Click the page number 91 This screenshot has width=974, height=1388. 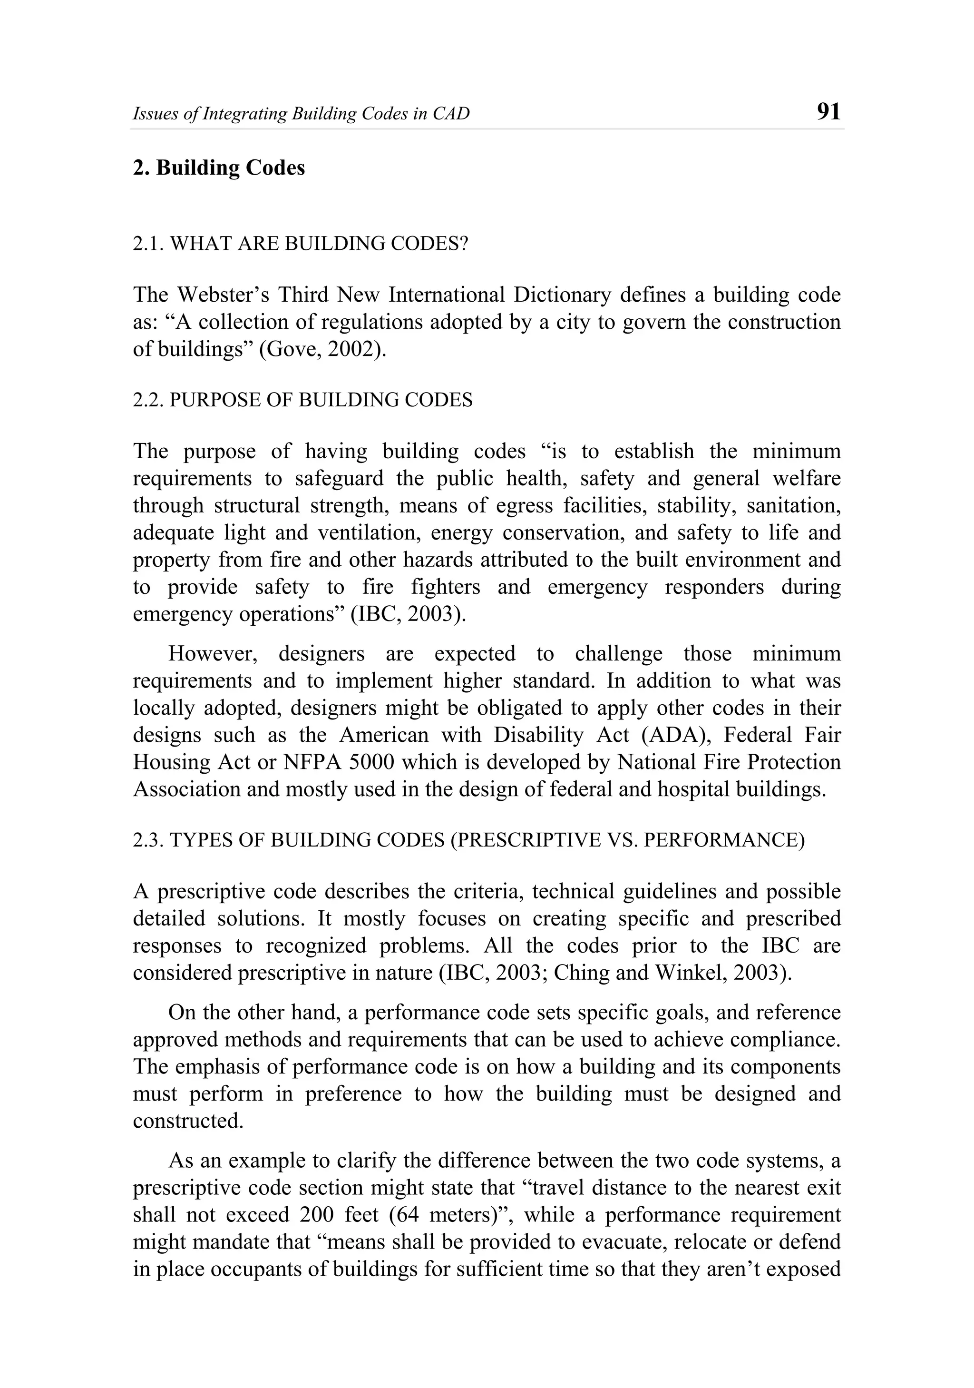click(x=828, y=112)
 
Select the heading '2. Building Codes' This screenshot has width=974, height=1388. click(x=219, y=167)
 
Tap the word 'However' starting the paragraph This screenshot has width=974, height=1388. click(x=216, y=653)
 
